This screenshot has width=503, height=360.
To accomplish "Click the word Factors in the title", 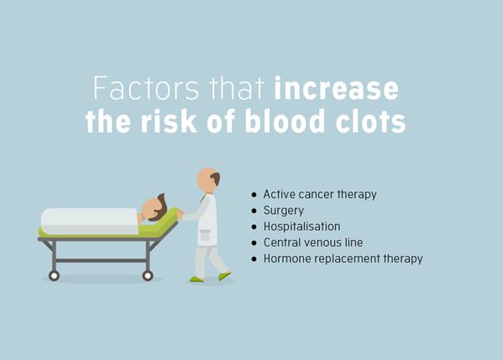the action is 146,88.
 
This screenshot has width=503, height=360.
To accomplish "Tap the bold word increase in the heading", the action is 337,88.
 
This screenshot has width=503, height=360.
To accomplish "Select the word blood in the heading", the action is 285,121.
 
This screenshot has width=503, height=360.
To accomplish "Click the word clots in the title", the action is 371,121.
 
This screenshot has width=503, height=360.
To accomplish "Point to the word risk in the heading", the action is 169,121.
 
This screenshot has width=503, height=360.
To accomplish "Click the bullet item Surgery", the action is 284,211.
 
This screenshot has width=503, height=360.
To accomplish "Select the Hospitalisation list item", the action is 301,227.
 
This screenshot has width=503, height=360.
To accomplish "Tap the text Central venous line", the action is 313,243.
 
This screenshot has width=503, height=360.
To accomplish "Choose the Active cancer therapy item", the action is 320,195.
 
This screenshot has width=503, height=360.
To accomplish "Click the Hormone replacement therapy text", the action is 343,258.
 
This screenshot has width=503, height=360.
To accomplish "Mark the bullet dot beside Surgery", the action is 254,211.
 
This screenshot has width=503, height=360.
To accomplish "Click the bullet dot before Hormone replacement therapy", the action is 254,258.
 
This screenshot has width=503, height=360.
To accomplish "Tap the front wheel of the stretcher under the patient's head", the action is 148,275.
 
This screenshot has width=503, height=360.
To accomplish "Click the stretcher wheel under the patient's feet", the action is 54,275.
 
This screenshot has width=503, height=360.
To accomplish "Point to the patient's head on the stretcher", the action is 155,208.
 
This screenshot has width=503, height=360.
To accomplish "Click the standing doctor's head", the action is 208,180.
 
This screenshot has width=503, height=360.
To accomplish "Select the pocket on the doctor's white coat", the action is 204,237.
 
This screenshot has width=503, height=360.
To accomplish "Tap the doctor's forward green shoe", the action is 224,275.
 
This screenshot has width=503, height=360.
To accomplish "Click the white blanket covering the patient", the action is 90,221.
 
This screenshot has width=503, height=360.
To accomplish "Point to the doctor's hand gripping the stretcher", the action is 180,214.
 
